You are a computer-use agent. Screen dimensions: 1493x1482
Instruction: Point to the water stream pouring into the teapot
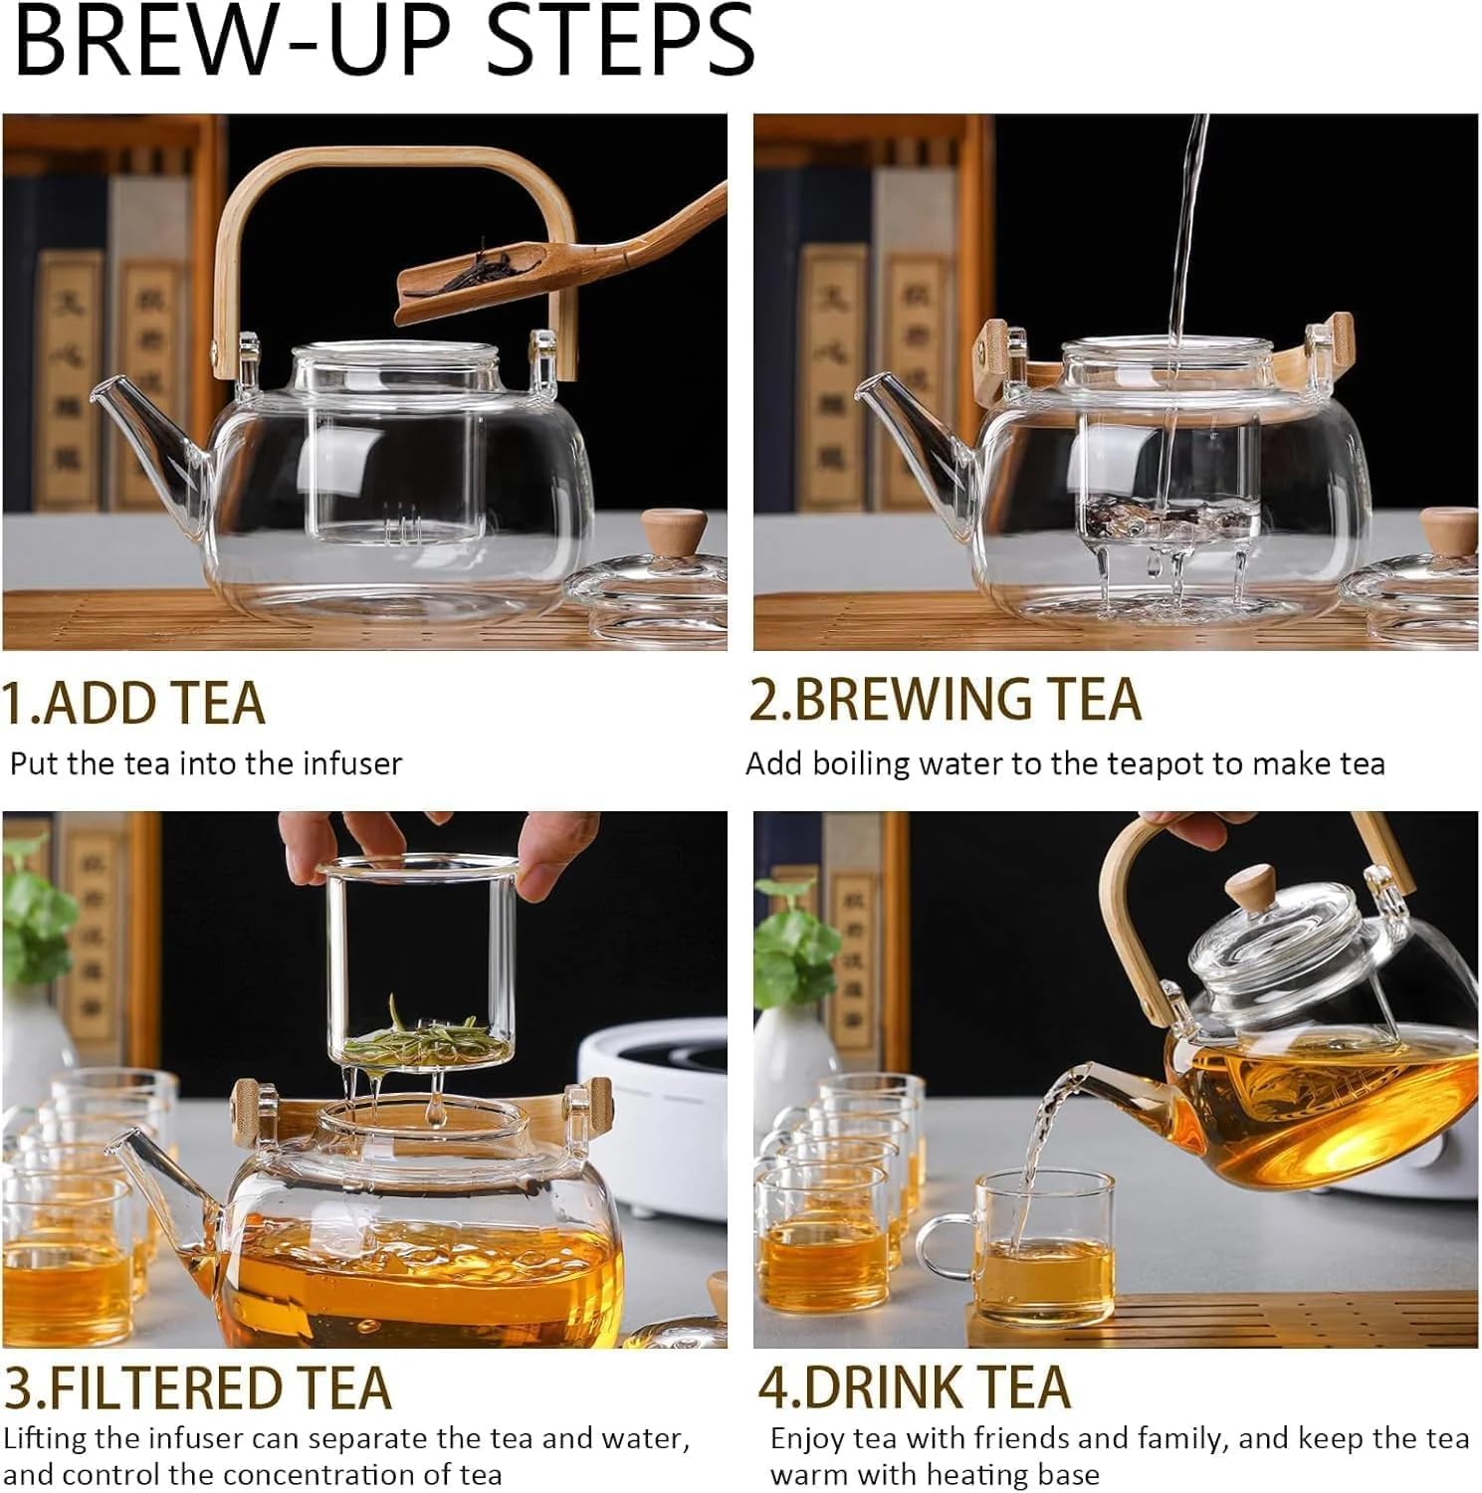point(1187,249)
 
